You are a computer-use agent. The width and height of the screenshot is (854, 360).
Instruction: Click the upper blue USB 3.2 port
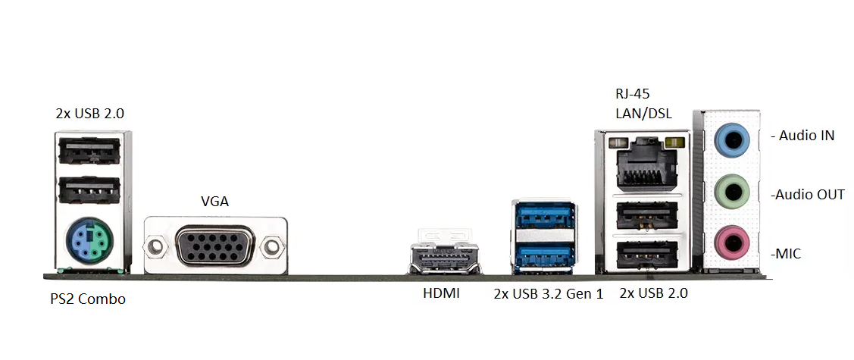543,214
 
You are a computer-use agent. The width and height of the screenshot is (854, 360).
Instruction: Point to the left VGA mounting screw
157,246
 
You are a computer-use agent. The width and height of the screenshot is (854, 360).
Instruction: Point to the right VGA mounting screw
271,246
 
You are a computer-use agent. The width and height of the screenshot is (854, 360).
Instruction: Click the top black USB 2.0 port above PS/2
89,150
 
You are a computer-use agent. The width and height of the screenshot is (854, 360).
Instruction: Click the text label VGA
214,202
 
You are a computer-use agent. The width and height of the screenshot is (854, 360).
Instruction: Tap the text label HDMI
441,293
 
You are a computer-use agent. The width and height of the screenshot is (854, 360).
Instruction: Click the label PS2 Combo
88,299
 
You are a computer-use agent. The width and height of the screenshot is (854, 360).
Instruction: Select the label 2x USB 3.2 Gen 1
548,293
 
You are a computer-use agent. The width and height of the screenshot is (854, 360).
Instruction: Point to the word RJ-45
632,95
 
